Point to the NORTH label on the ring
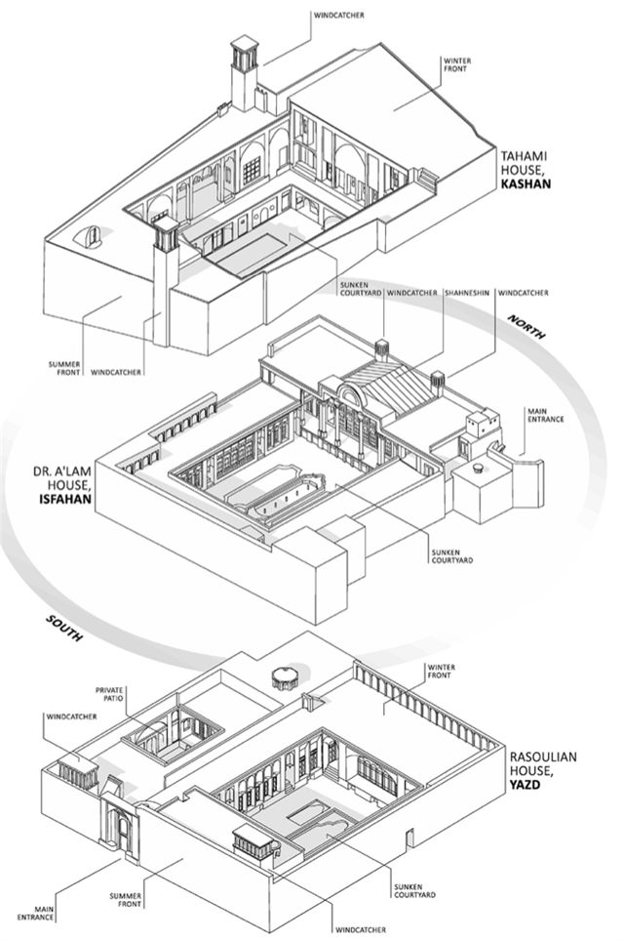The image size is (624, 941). point(526,327)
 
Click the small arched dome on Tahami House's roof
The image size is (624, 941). point(93,236)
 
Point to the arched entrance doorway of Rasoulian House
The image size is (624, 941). point(123,830)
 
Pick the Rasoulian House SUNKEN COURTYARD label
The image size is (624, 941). point(413,888)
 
